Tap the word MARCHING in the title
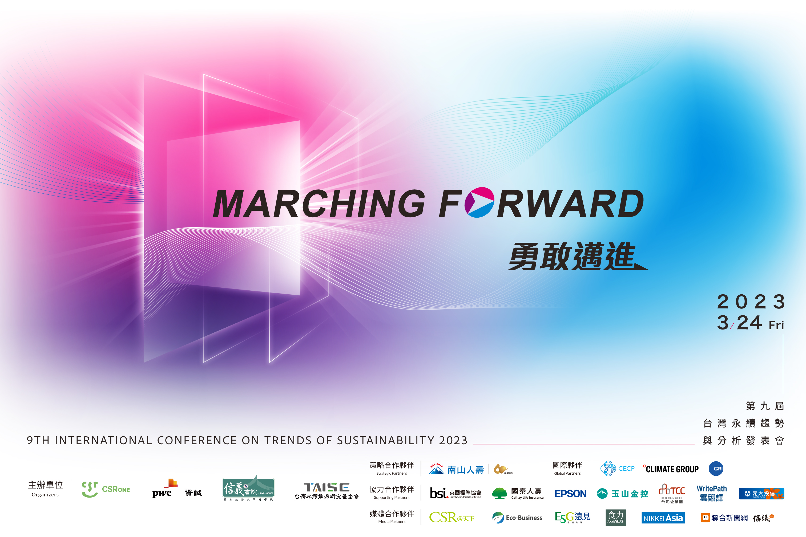click(x=319, y=204)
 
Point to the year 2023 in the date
click(x=751, y=302)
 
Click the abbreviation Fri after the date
click(x=776, y=325)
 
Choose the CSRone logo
click(x=106, y=489)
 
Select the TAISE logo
click(x=326, y=491)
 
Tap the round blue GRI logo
click(x=716, y=469)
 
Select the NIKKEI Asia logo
click(x=663, y=518)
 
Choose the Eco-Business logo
click(x=517, y=518)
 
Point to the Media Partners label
click(x=392, y=522)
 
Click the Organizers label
click(x=45, y=495)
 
